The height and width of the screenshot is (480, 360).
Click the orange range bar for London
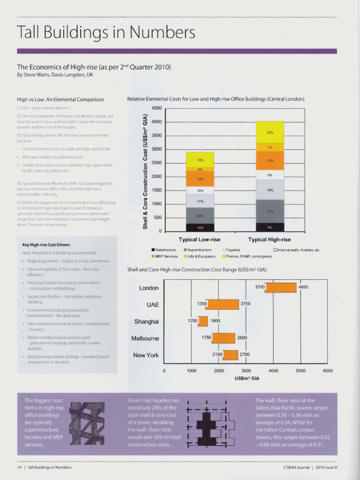click(x=281, y=287)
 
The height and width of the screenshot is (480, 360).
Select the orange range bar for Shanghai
click(x=203, y=321)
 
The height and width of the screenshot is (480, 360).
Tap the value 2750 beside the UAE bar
click(x=246, y=304)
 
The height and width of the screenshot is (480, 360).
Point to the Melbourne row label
click(x=145, y=338)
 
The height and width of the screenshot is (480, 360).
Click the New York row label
click(x=146, y=355)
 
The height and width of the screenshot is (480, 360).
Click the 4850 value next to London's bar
click(x=303, y=286)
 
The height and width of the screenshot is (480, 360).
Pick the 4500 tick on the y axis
click(x=156, y=108)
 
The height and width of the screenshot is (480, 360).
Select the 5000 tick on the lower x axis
click(x=300, y=371)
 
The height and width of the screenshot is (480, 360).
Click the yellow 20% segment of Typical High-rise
click(x=270, y=132)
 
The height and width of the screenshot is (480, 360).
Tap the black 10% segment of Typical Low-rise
click(x=200, y=227)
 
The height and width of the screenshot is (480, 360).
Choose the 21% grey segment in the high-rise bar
click(x=270, y=211)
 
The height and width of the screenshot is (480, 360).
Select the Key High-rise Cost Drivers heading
click(x=46, y=245)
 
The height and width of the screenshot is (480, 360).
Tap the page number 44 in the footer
click(x=19, y=467)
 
